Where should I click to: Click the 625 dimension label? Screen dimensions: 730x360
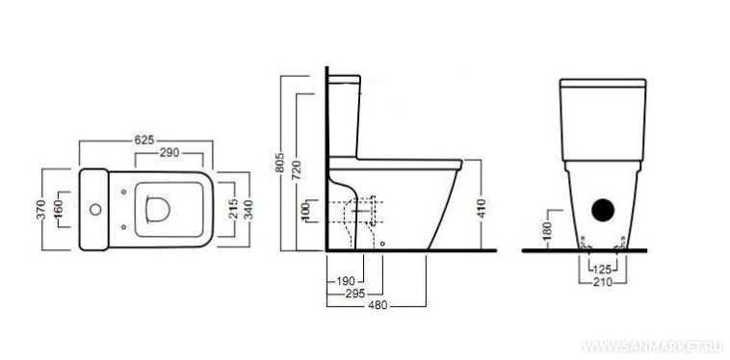pos(144,140)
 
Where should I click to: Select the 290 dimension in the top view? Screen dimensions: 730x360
pos(169,152)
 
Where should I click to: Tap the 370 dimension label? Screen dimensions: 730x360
pos(42,209)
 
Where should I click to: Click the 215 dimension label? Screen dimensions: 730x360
pos(234,209)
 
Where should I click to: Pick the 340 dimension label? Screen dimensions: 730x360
pos(249,209)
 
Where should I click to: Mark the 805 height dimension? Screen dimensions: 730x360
pos(280,163)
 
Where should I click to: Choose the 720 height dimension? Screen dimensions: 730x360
pos(297,169)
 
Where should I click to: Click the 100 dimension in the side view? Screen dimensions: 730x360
pos(306,212)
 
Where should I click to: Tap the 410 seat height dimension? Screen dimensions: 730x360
pos(481,209)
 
